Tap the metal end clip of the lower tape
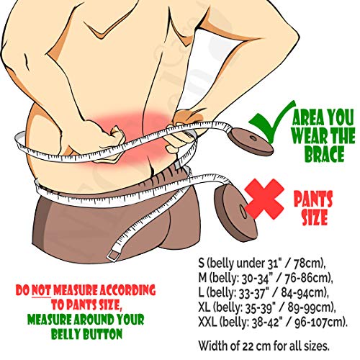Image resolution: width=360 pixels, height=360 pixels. point(112,256)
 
